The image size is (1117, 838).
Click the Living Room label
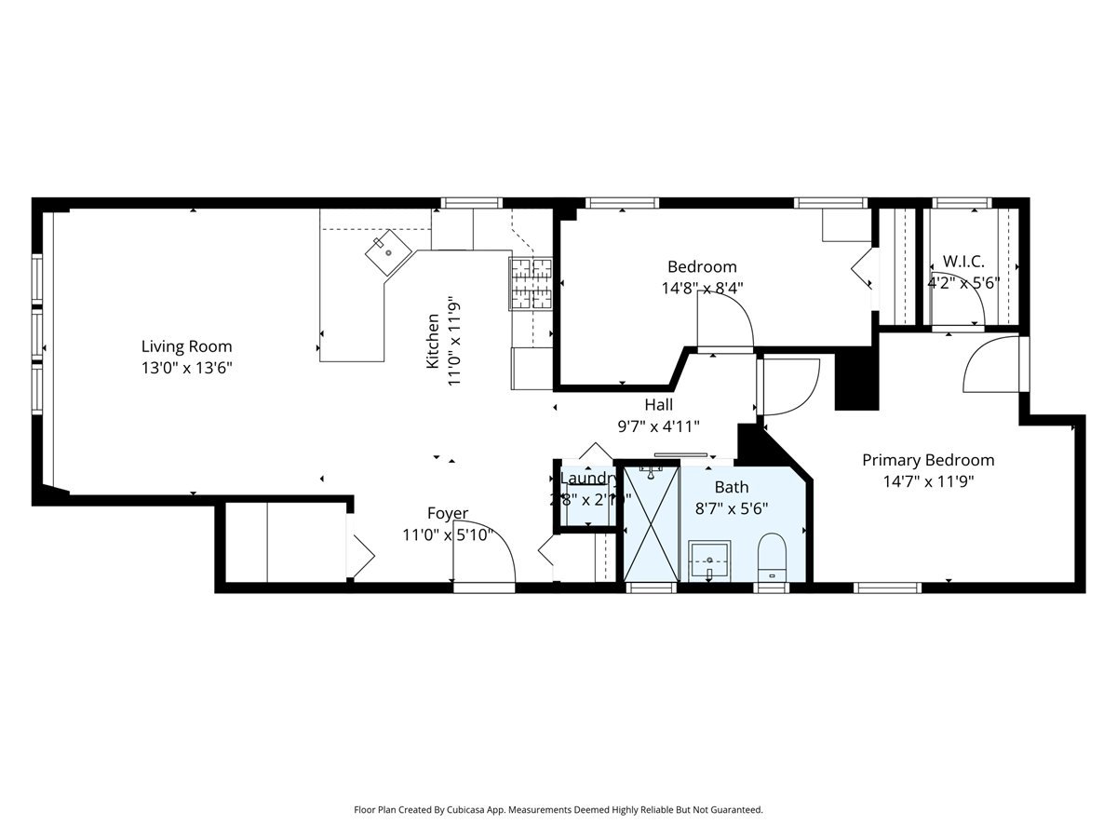pyautogui.click(x=186, y=346)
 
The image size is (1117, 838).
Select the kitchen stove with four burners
pyautogui.click(x=530, y=283)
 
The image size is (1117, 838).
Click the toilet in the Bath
pyautogui.click(x=772, y=557)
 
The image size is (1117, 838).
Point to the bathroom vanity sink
pyautogui.click(x=709, y=561)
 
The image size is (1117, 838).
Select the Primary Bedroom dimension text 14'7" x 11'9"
pyautogui.click(x=927, y=481)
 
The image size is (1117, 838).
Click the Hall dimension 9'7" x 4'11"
pyautogui.click(x=658, y=426)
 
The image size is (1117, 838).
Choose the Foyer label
pyautogui.click(x=448, y=513)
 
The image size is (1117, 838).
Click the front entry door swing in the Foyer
pyautogui.click(x=484, y=559)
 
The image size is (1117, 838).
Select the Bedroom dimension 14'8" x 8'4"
pyautogui.click(x=702, y=289)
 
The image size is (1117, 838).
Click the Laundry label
pyautogui.click(x=588, y=479)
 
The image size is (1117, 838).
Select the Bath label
pyautogui.click(x=731, y=487)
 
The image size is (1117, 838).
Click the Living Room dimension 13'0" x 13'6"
pyautogui.click(x=186, y=368)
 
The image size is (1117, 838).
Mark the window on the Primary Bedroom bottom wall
pyautogui.click(x=887, y=588)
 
